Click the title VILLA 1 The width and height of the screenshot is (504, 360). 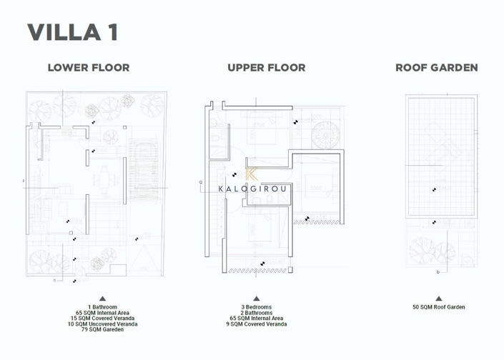73,32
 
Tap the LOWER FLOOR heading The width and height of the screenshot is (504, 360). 89,68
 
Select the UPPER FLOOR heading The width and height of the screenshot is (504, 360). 266,68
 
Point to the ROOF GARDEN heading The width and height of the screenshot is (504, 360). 437,68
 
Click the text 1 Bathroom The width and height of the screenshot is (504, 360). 102,307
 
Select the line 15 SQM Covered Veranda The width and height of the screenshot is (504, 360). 102,319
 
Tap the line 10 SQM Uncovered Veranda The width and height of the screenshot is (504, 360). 102,324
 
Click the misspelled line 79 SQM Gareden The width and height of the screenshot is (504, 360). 102,330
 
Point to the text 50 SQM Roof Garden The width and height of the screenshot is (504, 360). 438,307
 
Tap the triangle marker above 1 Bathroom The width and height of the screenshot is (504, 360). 102,299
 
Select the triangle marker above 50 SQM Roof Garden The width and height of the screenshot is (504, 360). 438,299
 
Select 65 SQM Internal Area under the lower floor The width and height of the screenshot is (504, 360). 102,313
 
